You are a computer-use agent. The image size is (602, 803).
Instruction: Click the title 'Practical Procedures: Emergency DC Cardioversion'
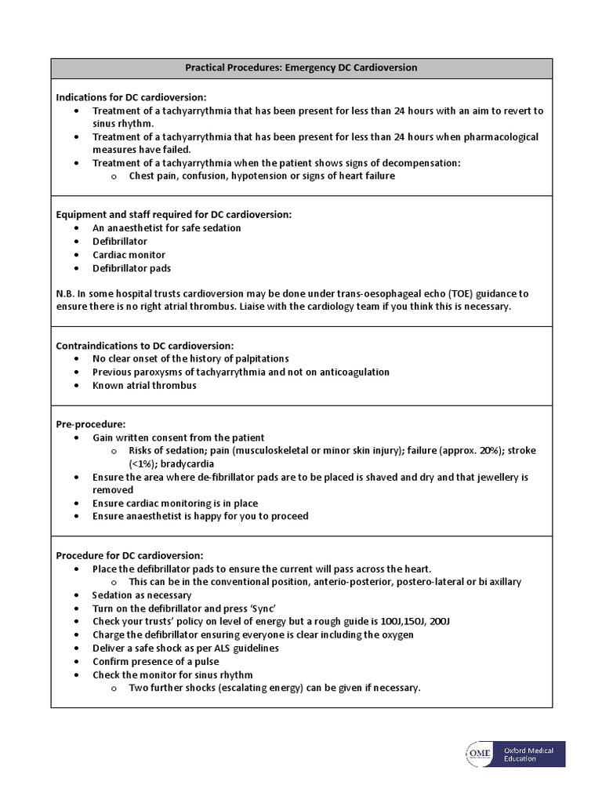point(301,68)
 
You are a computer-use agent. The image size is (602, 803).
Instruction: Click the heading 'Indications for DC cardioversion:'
point(131,97)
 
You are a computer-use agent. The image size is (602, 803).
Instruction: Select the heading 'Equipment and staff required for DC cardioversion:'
point(173,214)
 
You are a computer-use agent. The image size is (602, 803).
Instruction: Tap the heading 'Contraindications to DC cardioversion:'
point(145,345)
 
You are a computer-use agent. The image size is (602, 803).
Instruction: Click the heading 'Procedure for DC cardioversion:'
point(129,555)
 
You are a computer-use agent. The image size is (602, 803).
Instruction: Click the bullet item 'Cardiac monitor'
point(129,255)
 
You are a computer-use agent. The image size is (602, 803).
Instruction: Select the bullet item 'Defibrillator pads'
point(132,268)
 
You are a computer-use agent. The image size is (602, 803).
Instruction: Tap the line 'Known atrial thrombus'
point(144,385)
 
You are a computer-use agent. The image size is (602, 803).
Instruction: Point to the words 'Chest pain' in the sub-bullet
point(154,176)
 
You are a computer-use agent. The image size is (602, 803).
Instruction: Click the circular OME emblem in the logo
point(480,754)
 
